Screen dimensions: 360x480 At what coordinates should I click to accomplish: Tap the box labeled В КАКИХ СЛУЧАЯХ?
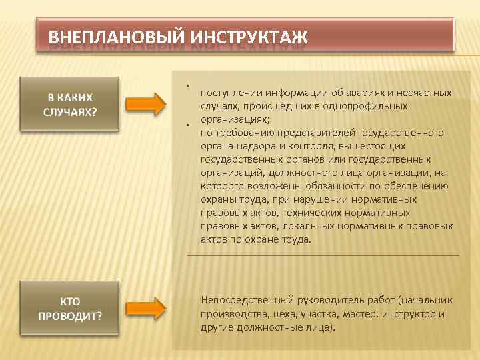[x=70, y=104]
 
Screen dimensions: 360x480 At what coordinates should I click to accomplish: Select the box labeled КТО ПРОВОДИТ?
[x=70, y=308]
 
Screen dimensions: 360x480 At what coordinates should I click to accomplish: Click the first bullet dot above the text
[x=189, y=85]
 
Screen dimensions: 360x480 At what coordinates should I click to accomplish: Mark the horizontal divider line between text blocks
[x=323, y=255]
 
